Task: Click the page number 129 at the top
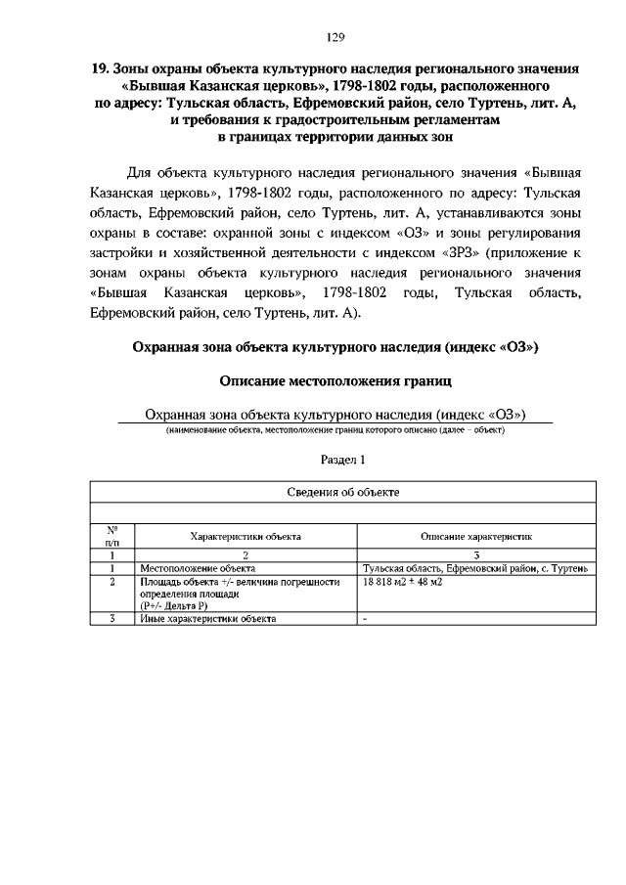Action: (x=335, y=37)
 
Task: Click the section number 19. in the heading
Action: (x=99, y=70)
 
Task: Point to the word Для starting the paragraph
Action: (x=142, y=168)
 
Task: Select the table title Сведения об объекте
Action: (x=342, y=492)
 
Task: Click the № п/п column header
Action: (x=112, y=535)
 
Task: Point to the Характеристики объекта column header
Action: (x=245, y=536)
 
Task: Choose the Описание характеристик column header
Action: (x=475, y=536)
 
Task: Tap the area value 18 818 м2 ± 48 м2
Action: (x=403, y=582)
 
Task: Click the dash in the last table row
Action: (x=365, y=619)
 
